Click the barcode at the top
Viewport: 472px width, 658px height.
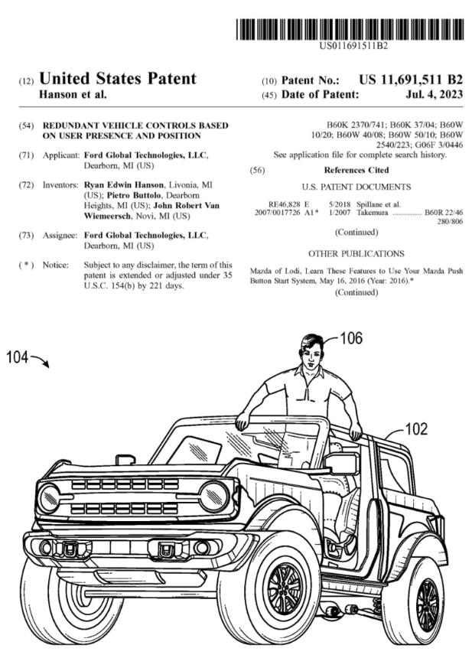point(350,29)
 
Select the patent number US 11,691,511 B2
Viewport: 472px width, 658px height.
point(411,80)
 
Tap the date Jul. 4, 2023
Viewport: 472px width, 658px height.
point(435,94)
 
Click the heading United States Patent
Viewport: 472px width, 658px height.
point(118,79)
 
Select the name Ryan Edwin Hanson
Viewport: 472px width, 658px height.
point(124,184)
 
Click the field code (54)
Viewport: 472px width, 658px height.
point(26,125)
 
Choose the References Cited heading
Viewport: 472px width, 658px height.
point(356,170)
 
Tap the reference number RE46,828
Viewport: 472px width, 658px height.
point(285,204)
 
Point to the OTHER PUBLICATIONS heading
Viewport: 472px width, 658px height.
point(356,253)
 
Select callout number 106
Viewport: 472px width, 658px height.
point(350,337)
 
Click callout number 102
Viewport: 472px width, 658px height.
point(416,428)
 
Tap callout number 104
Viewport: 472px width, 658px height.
point(17,357)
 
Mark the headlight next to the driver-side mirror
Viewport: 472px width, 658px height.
point(214,496)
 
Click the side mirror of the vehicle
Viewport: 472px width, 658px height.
point(340,464)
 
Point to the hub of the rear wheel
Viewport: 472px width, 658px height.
point(428,604)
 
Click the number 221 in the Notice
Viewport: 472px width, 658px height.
point(157,286)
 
